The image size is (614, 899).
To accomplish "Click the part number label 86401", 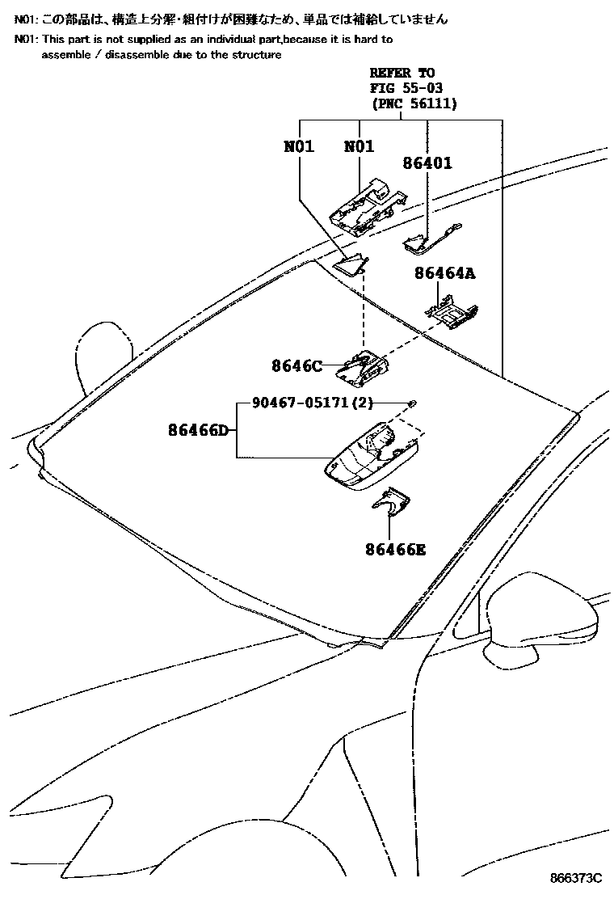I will pos(427,163).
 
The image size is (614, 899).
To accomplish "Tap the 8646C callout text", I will pos(296,366).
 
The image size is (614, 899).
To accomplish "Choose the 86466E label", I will pos(394,551).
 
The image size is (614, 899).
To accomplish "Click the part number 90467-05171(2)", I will pos(309,402).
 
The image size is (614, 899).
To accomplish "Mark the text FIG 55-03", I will pos(406,87).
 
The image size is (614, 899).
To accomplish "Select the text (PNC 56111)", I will pos(414,103).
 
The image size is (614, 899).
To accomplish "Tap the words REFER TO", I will pos(402,73).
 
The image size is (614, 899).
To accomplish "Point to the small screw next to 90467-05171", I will pos(412,403).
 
